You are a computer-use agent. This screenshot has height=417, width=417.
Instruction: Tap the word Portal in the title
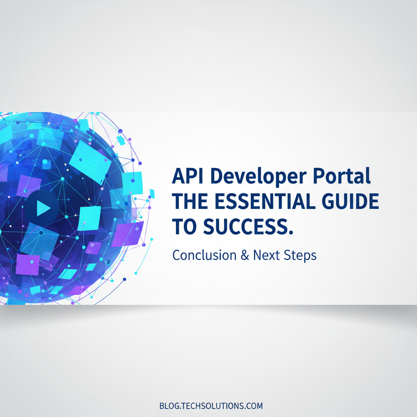342,176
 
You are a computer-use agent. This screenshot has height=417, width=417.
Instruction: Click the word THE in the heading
190,201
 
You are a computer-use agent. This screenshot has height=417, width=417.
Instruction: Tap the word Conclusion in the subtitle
204,255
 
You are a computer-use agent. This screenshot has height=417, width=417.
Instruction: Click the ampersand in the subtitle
245,255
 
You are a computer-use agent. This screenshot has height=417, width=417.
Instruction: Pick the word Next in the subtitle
266,255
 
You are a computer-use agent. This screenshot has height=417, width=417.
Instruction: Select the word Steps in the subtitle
300,256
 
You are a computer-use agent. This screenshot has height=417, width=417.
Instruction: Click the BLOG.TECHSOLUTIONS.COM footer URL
211,406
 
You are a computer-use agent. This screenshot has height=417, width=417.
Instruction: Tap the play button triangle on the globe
43,208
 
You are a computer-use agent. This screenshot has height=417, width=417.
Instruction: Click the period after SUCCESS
291,232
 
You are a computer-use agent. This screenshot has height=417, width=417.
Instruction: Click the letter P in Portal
319,176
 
